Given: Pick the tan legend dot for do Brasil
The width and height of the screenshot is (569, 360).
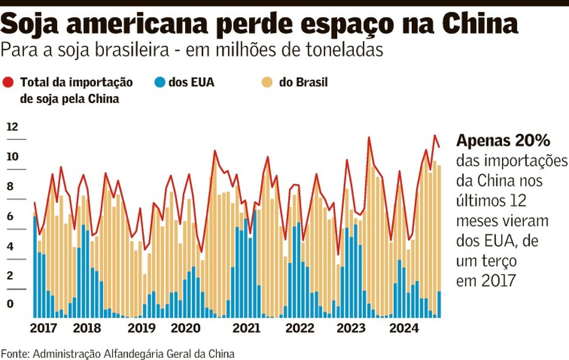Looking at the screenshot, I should (x=268, y=83).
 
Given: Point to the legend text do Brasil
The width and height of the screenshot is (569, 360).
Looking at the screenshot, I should (x=303, y=83).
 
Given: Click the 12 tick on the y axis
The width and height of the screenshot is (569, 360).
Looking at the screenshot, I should (x=13, y=127).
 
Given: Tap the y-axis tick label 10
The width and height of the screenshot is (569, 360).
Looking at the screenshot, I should (x=13, y=157).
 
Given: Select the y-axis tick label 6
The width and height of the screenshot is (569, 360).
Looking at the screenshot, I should (x=9, y=216).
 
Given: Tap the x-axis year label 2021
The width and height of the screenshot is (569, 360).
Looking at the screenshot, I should (x=245, y=329).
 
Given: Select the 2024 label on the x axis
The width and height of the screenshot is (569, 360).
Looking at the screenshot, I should (x=403, y=329).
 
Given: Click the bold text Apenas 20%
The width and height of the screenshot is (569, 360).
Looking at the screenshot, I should (x=503, y=141).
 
